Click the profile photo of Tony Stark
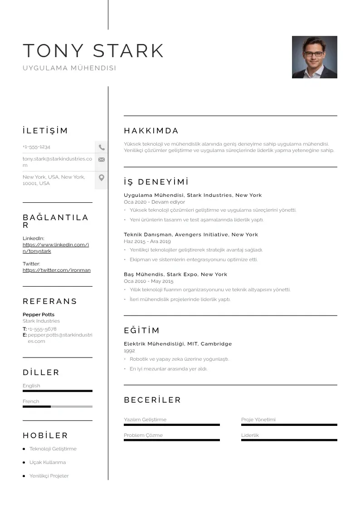tap(314, 57)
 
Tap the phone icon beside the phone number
tap(102, 147)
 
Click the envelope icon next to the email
tap(102, 160)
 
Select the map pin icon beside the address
tap(102, 177)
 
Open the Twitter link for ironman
tap(57, 270)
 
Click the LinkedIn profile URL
tap(56, 248)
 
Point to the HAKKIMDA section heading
tap(151, 131)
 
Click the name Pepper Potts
tap(39, 315)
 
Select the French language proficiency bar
tap(58, 406)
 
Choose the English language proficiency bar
tap(58, 391)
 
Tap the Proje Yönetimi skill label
tap(258, 420)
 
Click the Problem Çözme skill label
tap(143, 435)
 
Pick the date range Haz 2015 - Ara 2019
tap(147, 242)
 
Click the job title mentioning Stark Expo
tap(175, 274)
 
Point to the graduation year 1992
tap(129, 351)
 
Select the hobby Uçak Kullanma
tap(48, 463)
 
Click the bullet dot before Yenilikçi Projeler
tap(24, 476)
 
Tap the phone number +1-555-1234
tap(36, 147)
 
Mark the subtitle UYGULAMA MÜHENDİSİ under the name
tap(69, 68)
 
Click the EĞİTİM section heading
tap(142, 331)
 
